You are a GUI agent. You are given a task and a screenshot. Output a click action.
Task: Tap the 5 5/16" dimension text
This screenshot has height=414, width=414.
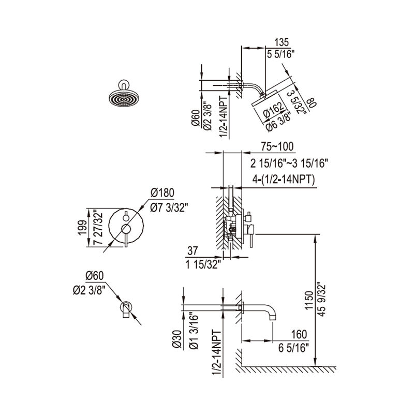[x=280, y=53]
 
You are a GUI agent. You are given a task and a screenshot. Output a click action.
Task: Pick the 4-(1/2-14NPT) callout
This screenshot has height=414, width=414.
[x=284, y=180]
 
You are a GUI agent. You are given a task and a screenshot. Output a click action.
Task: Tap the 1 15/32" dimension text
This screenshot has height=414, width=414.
[x=203, y=264]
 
